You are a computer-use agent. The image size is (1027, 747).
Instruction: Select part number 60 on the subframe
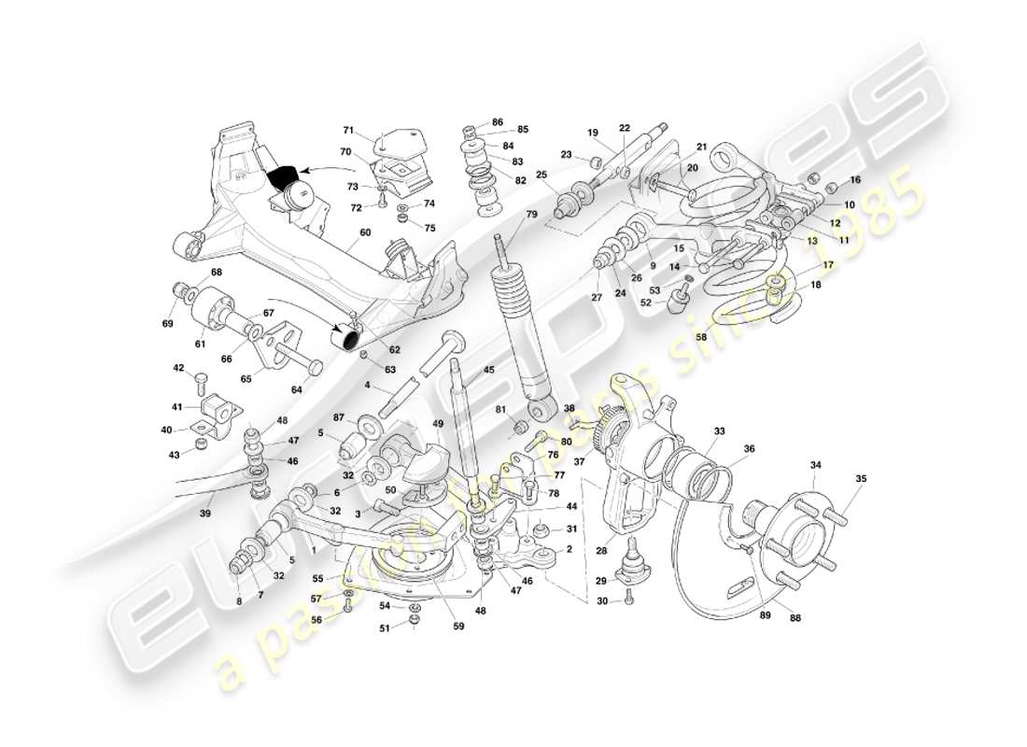[x=365, y=233]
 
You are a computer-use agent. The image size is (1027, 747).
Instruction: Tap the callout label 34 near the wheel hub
[x=815, y=465]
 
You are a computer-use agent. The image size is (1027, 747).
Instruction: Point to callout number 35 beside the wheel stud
[x=861, y=479]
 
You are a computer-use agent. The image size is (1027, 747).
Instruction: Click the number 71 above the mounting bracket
[x=348, y=130]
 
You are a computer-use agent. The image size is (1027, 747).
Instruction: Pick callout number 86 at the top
[x=498, y=122]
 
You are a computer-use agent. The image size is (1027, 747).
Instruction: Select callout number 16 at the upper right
[x=855, y=179]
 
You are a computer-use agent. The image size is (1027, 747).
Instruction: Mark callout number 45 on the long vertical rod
[x=488, y=370]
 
